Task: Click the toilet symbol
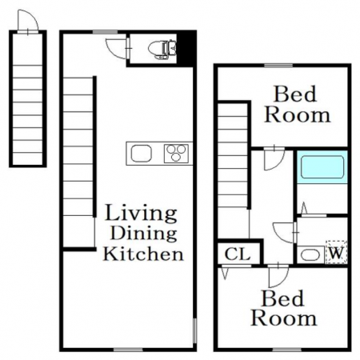coord(162,50)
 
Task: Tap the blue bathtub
coord(322,167)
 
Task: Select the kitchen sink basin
coord(142,154)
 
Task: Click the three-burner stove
coord(176,154)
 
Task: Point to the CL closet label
coord(238,254)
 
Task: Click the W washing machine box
coord(336,252)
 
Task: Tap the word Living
coord(141,214)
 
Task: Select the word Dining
coord(143,234)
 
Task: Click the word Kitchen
coord(143,254)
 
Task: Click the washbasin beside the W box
coord(310,254)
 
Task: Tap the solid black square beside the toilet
coord(187,48)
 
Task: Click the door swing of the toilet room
coord(117,49)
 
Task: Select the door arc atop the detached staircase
coord(28,22)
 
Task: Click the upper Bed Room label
coord(297,104)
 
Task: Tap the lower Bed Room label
coord(284,308)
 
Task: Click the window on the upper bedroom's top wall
coord(278,66)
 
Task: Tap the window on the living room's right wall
coord(194,330)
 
